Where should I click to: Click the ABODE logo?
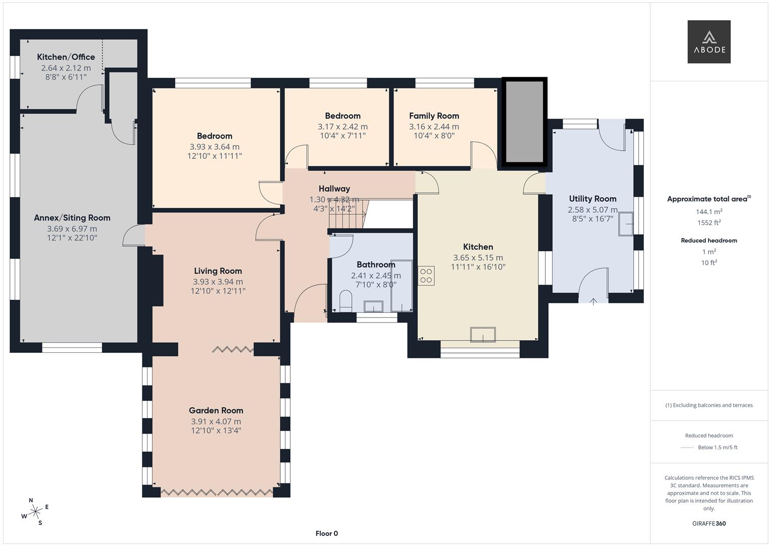708,42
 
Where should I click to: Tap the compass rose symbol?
35,512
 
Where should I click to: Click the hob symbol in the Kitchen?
426,276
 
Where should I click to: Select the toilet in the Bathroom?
346,300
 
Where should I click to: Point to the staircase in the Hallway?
347,214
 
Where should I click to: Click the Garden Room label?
216,411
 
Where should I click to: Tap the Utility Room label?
592,199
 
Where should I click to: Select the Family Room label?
434,116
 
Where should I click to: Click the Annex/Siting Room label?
72,218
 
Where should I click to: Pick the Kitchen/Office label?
66,57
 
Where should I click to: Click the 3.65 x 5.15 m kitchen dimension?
478,257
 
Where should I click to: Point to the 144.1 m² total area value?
708,212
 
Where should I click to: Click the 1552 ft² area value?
708,222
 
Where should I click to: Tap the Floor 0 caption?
326,533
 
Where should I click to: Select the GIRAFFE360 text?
708,523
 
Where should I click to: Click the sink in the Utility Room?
627,223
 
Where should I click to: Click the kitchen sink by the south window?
483,335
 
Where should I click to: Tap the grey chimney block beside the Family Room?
525,121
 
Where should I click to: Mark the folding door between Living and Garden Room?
233,349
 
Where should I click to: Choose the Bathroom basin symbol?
374,306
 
